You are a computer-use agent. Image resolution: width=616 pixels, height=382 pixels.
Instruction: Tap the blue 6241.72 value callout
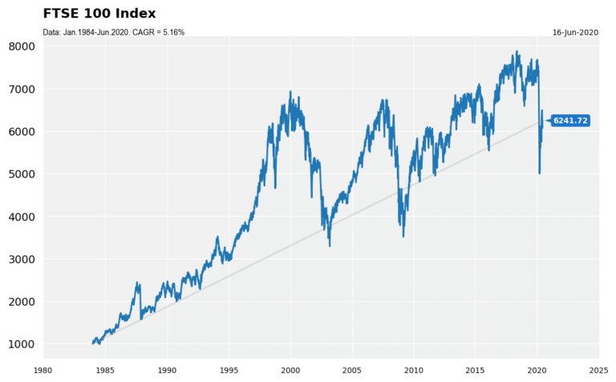click(570, 120)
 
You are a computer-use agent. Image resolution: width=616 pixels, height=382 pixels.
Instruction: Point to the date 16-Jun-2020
click(575, 32)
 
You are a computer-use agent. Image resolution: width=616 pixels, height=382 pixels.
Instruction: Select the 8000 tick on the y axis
click(22, 47)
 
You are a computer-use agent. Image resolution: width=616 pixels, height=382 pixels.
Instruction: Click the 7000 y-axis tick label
click(22, 89)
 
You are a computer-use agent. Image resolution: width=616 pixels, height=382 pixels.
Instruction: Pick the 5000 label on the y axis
click(22, 174)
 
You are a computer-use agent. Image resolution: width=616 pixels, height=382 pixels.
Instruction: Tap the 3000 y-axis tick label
click(22, 259)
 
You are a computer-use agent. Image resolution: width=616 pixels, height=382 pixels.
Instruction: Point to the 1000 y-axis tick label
click(22, 344)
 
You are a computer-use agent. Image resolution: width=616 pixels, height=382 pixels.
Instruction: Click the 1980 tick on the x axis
click(43, 370)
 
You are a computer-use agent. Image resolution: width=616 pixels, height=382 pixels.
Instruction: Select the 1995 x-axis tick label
click(229, 370)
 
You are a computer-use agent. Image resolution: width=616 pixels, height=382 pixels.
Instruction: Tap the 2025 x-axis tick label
click(598, 370)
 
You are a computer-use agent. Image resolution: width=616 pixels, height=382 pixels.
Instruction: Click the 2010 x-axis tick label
click(413, 370)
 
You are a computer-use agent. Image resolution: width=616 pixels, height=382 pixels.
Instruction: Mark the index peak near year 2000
click(290, 92)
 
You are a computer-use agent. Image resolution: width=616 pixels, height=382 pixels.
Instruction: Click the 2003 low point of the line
click(330, 245)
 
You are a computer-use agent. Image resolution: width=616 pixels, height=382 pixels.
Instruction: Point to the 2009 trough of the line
click(403, 235)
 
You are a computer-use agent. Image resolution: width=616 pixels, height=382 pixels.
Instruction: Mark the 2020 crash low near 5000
click(539, 173)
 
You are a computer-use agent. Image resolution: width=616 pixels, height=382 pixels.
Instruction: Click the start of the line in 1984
click(93, 343)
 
